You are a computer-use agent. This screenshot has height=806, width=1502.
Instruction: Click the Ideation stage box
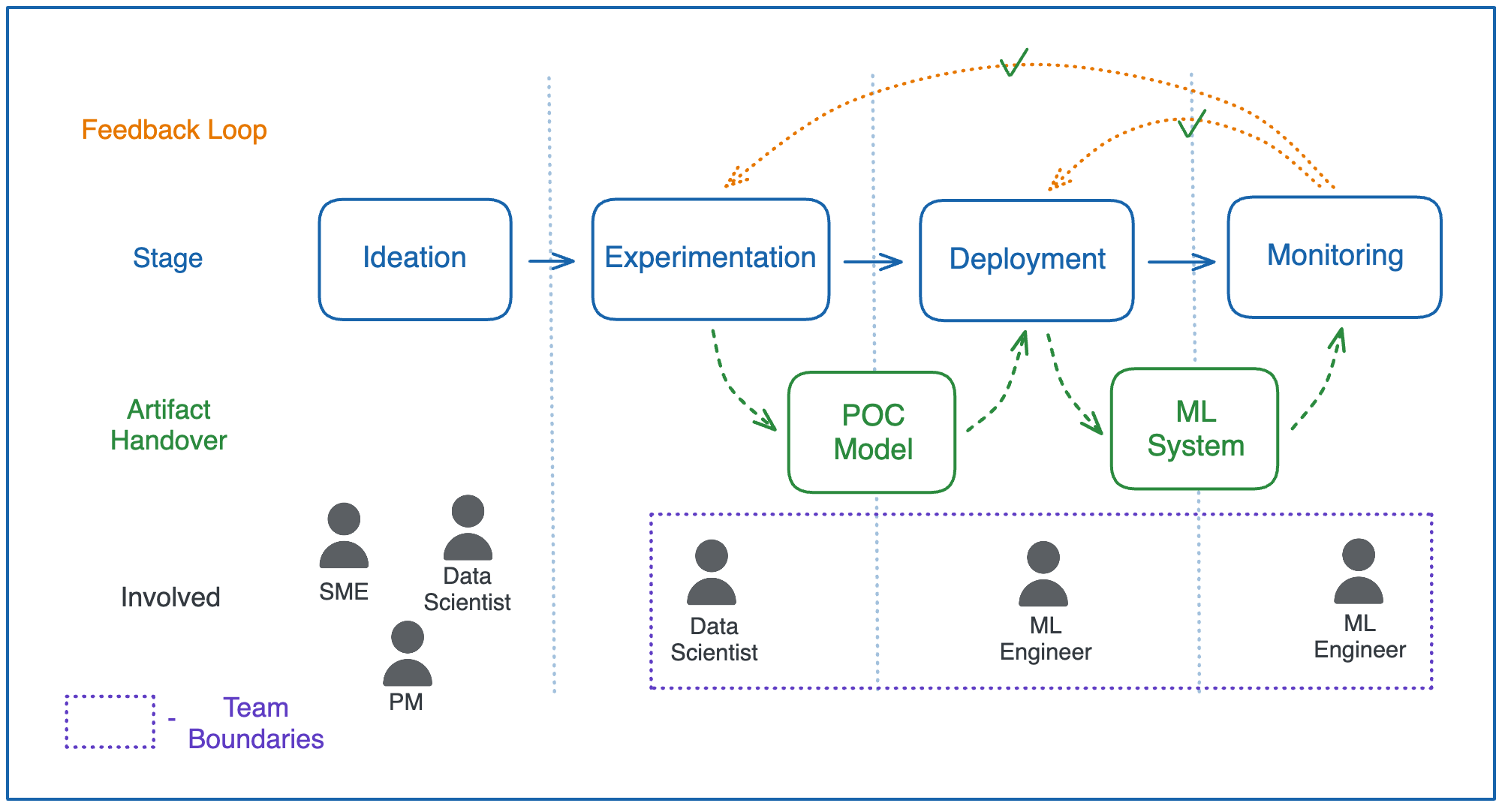(x=414, y=259)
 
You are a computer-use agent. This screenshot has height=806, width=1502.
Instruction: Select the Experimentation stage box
(x=710, y=259)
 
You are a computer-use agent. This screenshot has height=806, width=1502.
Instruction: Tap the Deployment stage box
(x=1026, y=260)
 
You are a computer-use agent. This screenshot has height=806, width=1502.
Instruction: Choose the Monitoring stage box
(x=1334, y=257)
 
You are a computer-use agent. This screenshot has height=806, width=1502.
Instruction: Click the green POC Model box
(x=871, y=432)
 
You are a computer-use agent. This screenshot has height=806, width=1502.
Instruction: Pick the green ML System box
(x=1194, y=429)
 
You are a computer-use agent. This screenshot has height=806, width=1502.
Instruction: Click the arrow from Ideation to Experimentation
(x=551, y=261)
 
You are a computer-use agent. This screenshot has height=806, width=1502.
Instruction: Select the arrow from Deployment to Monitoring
(x=1181, y=262)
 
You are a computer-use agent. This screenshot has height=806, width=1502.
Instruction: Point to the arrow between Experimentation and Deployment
(x=872, y=262)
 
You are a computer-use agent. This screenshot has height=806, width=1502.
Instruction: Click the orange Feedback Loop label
(x=174, y=130)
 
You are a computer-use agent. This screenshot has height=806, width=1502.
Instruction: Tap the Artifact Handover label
(x=168, y=425)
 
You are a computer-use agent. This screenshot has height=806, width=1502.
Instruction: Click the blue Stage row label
(x=167, y=258)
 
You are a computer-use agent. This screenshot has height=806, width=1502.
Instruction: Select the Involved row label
(x=170, y=597)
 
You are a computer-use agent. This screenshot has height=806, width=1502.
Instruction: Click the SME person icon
(x=344, y=536)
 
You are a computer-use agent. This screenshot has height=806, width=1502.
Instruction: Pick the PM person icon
(x=407, y=654)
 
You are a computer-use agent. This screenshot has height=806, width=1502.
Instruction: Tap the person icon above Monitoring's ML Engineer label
(x=1358, y=572)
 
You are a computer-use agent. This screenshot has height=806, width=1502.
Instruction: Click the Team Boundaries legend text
(x=255, y=723)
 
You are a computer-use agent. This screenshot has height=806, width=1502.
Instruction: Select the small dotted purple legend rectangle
(x=110, y=721)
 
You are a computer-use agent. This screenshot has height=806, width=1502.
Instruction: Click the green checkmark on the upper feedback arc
(x=1013, y=63)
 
